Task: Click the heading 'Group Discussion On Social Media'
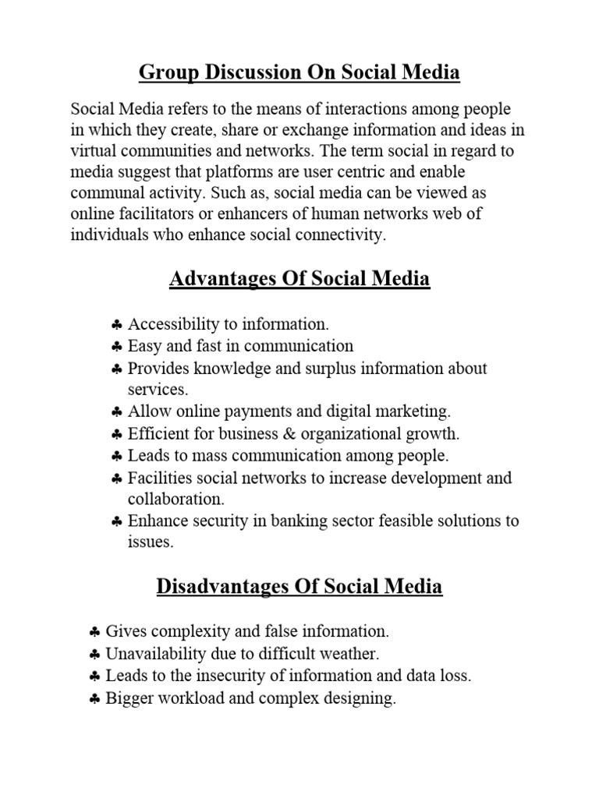(299, 73)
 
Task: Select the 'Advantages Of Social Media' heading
(299, 278)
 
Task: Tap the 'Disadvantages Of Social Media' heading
(299, 586)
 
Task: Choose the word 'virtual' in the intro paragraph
(94, 150)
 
